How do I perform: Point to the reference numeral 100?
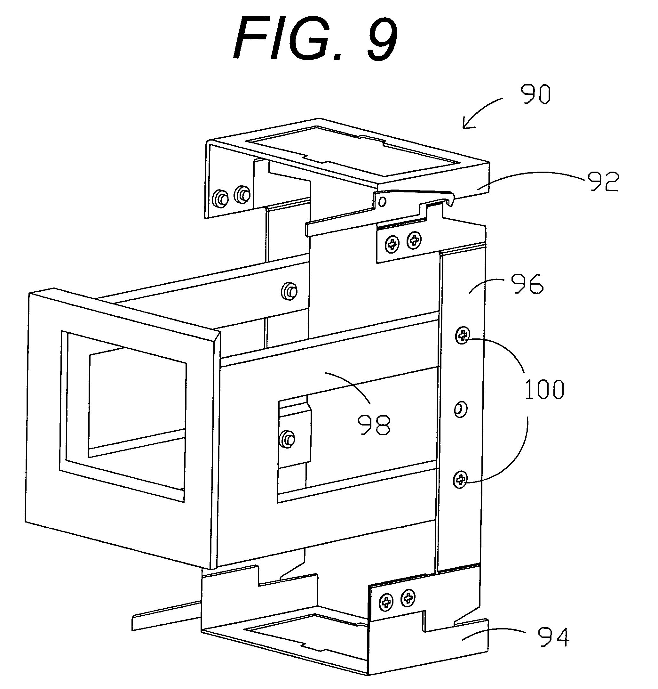544,390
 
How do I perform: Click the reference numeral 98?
374,425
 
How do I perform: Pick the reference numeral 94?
553,637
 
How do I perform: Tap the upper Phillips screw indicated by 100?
463,336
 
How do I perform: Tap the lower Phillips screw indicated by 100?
461,480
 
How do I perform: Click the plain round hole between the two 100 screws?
460,409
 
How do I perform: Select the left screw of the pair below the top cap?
392,244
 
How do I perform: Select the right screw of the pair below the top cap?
414,240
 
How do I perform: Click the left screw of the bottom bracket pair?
386,602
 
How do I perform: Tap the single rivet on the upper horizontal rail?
289,291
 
